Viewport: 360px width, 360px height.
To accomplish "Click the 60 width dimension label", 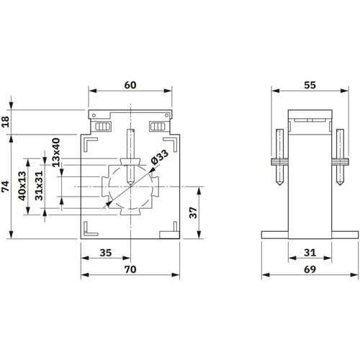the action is [130, 85].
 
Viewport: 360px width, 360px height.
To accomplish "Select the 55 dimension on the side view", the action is [310, 85].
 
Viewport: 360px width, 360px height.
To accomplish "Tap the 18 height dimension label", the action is [5, 122].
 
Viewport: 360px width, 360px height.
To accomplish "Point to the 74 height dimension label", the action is [5, 186].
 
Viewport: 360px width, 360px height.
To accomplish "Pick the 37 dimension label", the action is [193, 212].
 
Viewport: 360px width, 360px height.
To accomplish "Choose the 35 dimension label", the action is [106, 253].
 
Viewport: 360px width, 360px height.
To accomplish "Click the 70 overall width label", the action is [130, 269].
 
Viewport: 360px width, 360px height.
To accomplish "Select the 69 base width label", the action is [310, 269].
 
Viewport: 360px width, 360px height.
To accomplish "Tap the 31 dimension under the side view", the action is [310, 253].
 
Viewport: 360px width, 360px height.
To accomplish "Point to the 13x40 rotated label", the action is [55, 152].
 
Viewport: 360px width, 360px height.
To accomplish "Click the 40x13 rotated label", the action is [22, 186].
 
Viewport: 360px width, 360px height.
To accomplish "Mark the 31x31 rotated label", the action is [39, 185].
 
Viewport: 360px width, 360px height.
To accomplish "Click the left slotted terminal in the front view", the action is [103, 126].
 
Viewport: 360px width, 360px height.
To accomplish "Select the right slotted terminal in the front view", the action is [158, 126].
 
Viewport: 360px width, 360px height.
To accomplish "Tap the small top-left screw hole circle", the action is [94, 115].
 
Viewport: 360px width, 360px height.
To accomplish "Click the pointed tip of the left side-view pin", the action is [280, 185].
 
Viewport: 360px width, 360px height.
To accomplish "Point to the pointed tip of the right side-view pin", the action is [340, 185].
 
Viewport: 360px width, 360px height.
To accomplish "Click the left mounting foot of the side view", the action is [275, 235].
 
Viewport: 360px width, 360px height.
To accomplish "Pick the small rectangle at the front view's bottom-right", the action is [169, 235].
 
